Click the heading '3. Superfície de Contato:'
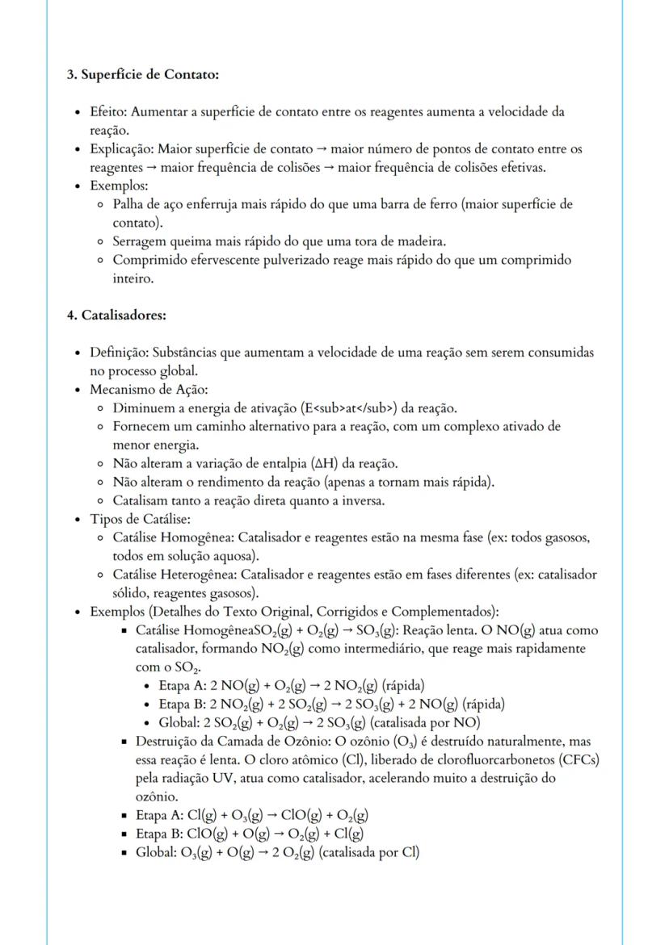point(142,74)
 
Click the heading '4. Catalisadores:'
point(116,315)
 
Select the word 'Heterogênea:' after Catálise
point(203,575)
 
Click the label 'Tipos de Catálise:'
point(140,519)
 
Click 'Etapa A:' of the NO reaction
point(183,685)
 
